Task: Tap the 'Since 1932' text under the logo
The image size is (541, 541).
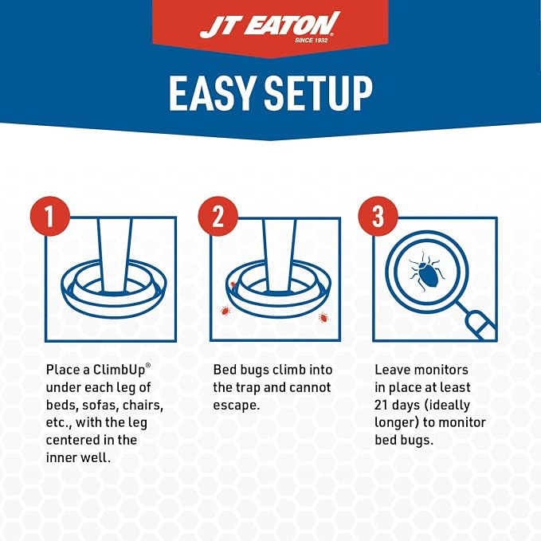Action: pyautogui.click(x=311, y=41)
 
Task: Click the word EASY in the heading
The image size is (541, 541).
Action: pyautogui.click(x=211, y=93)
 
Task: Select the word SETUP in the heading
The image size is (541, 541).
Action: pyautogui.click(x=319, y=93)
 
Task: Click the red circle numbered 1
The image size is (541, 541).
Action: pyautogui.click(x=50, y=217)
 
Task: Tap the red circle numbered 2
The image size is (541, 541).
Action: pyautogui.click(x=218, y=217)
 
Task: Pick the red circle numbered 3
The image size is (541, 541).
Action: pyautogui.click(x=378, y=217)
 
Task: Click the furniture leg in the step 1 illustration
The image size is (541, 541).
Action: pyautogui.click(x=114, y=255)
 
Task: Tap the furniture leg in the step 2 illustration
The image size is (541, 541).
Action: pyautogui.click(x=279, y=255)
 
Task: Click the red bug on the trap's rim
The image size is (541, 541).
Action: pyautogui.click(x=233, y=285)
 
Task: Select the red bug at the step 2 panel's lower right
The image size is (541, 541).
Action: pyautogui.click(x=323, y=317)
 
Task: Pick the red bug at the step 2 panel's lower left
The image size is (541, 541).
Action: pyautogui.click(x=225, y=311)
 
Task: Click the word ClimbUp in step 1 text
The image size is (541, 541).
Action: pyautogui.click(x=119, y=370)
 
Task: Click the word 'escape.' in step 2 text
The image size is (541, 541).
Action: pyautogui.click(x=237, y=406)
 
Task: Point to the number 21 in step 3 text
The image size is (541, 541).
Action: pyautogui.click(x=382, y=405)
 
